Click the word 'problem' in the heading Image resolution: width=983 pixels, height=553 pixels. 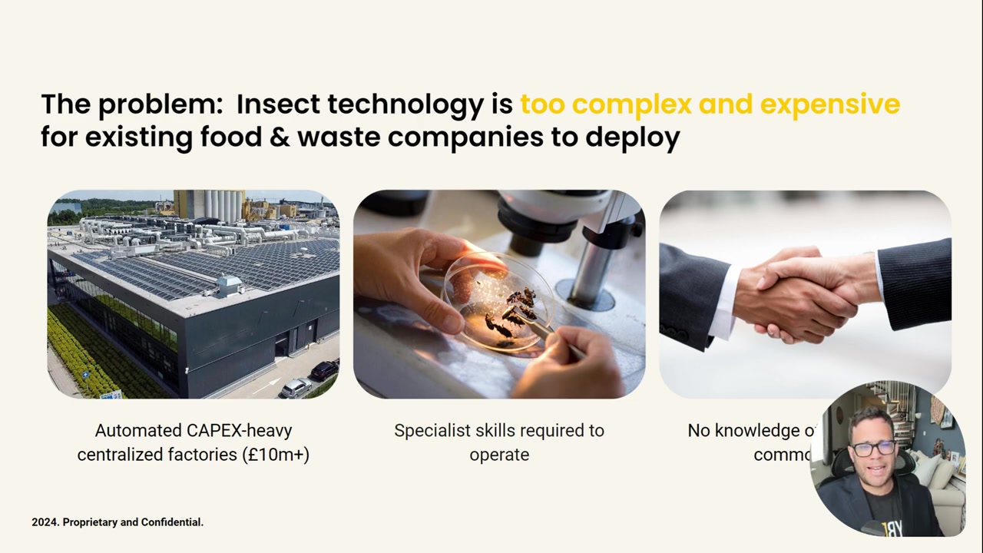coord(161,104)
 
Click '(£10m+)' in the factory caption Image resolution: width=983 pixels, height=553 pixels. coord(275,454)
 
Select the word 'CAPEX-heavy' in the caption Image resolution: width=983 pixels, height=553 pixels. coord(240,430)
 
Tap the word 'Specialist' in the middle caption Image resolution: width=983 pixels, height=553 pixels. coord(430,430)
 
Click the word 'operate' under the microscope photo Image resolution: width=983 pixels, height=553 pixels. coord(499,454)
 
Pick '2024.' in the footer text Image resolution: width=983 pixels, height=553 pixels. coord(45,522)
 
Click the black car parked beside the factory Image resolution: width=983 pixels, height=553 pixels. coord(324,370)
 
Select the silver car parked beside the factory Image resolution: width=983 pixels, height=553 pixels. coord(296,388)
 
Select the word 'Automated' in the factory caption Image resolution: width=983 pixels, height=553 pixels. coord(138,430)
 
